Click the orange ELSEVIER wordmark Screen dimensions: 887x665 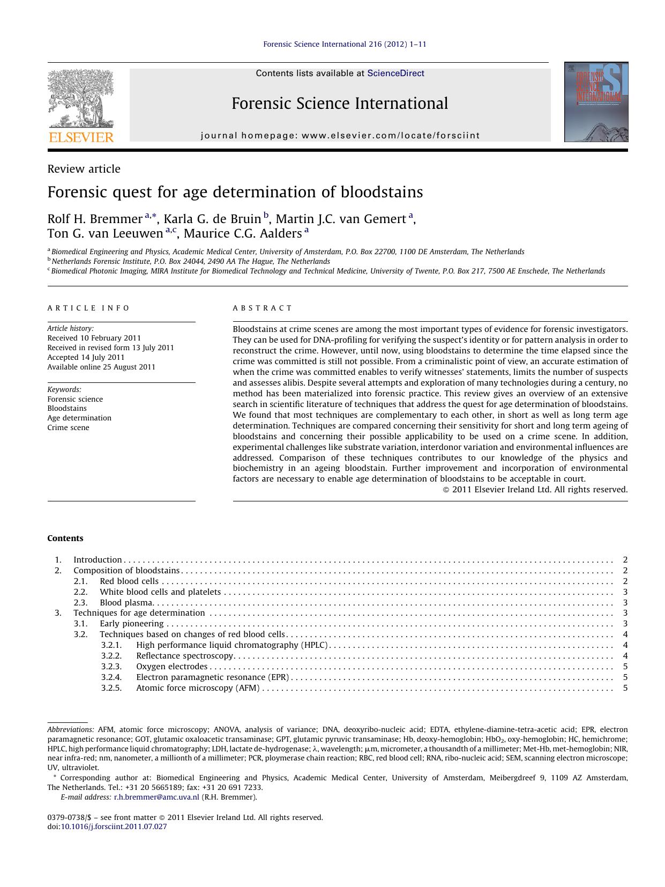(81, 137)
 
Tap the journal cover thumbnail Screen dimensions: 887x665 (596, 102)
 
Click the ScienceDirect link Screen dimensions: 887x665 (395, 73)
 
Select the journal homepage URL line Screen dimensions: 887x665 (340, 136)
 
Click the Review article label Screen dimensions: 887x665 (84, 169)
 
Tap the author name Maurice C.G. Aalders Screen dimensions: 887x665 (243, 233)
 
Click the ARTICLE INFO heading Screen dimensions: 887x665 (88, 308)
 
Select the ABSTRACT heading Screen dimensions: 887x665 (262, 308)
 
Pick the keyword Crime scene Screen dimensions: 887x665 (68, 427)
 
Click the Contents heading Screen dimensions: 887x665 (65, 538)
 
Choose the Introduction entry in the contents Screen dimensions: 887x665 (98, 560)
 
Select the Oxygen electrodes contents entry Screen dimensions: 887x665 (171, 667)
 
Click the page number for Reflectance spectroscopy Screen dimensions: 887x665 (625, 656)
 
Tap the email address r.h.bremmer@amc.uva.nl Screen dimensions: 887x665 (156, 797)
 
